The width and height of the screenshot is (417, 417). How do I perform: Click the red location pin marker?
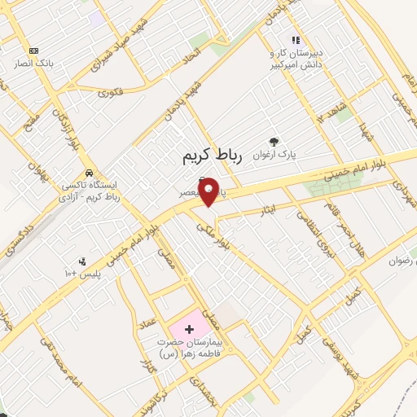click(x=208, y=191)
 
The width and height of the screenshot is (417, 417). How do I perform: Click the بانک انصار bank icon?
click(x=33, y=50)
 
